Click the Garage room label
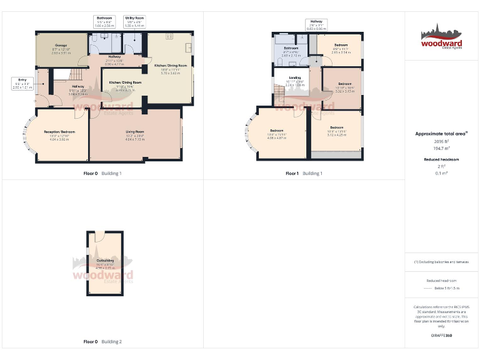61,47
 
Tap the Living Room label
135,133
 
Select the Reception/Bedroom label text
59,134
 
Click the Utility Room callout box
134,21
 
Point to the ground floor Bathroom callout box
104,21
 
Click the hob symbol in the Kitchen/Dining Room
169,37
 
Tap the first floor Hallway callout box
317,25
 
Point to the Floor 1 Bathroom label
291,50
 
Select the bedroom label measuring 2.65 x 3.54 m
341,47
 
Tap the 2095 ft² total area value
441,142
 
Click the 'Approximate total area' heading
441,134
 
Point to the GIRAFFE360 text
441,336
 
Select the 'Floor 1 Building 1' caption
304,173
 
